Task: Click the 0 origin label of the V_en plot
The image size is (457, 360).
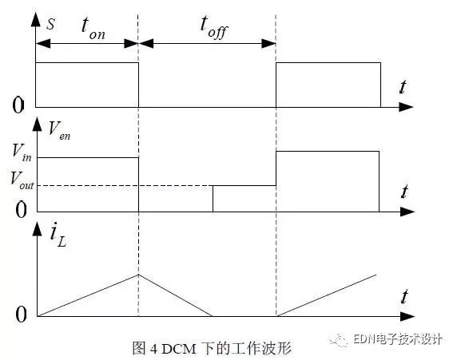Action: tap(21, 209)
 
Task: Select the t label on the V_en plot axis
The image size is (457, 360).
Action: tap(405, 192)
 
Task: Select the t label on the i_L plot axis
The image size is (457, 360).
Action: tap(405, 298)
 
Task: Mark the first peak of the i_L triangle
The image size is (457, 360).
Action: tap(139, 275)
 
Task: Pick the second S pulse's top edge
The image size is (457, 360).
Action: tap(327, 64)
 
